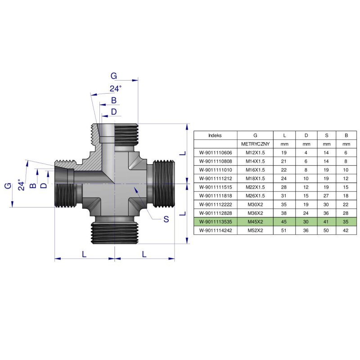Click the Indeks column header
pyautogui.click(x=215, y=135)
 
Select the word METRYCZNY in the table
pyautogui.click(x=255, y=144)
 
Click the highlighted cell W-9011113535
pyautogui.click(x=215, y=221)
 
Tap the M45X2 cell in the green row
pyautogui.click(x=255, y=221)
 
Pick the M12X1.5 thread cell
pyautogui.click(x=255, y=153)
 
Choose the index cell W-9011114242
pyautogui.click(x=215, y=230)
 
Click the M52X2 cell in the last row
pyautogui.click(x=255, y=230)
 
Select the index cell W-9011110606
pyautogui.click(x=215, y=153)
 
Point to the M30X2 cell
pyautogui.click(x=255, y=204)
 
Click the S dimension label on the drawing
pyautogui.click(x=166, y=219)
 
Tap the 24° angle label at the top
pyautogui.click(x=116, y=89)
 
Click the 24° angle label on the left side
pyautogui.click(x=19, y=184)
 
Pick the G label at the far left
pyautogui.click(x=7, y=185)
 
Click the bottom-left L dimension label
pyautogui.click(x=84, y=254)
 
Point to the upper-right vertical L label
pyautogui.click(x=182, y=153)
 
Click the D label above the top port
pyautogui.click(x=114, y=111)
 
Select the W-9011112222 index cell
pyautogui.click(x=215, y=204)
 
